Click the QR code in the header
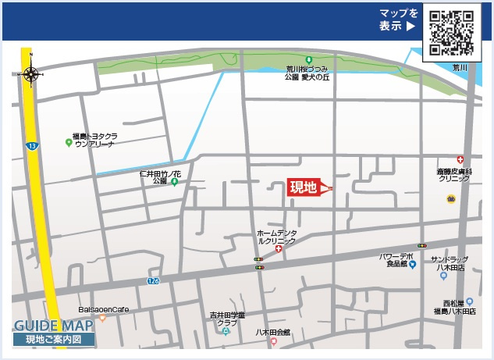[x=451, y=33]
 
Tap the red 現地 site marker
[x=304, y=187]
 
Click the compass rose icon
[x=32, y=74]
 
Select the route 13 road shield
[x=30, y=146]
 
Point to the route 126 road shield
[x=153, y=280]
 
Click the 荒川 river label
[x=460, y=69]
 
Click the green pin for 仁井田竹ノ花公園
[x=174, y=182]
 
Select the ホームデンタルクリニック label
[x=276, y=237]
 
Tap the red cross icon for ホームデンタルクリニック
[x=279, y=248]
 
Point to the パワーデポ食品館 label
[x=396, y=260]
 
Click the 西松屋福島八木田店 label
[x=454, y=307]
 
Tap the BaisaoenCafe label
[x=103, y=309]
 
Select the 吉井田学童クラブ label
[x=227, y=319]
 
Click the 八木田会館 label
[x=272, y=332]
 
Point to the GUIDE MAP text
[x=54, y=326]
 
